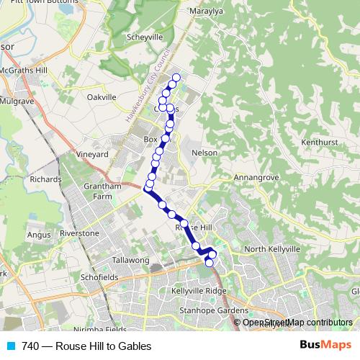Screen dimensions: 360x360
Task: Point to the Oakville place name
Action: (101, 96)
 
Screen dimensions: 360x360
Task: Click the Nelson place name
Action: (205, 153)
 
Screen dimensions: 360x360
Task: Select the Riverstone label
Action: (79, 233)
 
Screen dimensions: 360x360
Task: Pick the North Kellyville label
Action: (271, 248)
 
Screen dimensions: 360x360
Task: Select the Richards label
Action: (46, 179)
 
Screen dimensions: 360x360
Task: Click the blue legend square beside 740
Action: (10, 346)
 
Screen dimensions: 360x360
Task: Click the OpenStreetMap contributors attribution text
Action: (297, 323)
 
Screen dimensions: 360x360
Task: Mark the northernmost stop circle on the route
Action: (176, 78)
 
